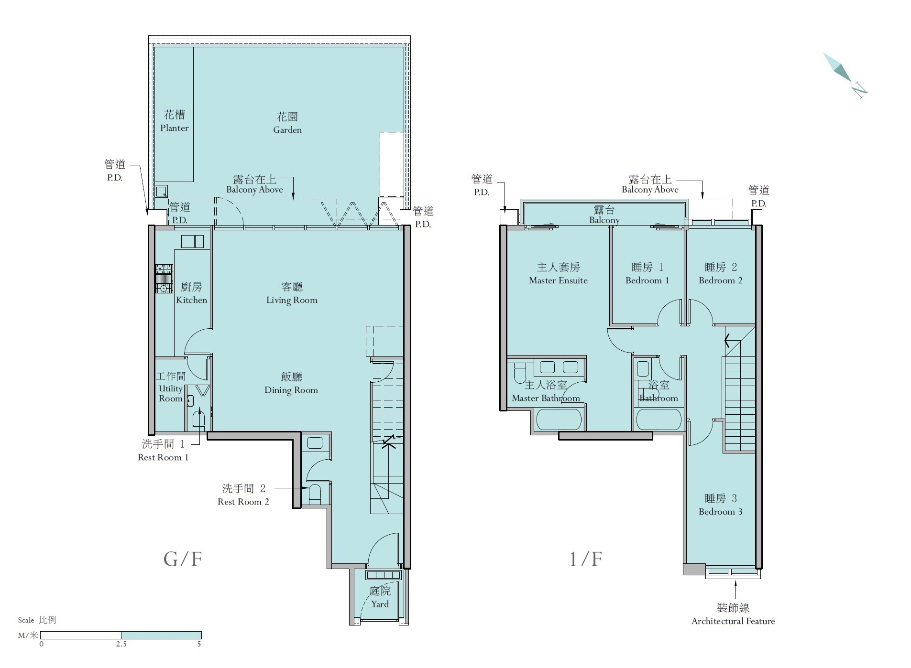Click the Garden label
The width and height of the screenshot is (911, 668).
(287, 123)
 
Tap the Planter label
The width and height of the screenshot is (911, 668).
(175, 121)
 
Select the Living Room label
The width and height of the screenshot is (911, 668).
(292, 293)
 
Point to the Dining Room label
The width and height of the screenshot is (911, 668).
(291, 383)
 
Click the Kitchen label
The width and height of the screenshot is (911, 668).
(191, 293)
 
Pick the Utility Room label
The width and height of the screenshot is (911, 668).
(171, 387)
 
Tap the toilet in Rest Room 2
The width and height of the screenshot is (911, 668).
(315, 494)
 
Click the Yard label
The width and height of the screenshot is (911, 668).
(380, 597)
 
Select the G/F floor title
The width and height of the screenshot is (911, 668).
(183, 559)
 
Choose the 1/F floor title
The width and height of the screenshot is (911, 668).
(586, 559)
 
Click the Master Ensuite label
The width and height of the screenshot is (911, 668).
(558, 274)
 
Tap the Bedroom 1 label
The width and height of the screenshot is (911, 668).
(647, 274)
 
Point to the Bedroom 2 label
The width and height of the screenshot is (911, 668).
(721, 274)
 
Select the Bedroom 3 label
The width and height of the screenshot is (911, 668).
(721, 505)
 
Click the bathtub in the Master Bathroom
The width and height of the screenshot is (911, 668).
(559, 420)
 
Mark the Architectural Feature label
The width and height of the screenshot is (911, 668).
(733, 614)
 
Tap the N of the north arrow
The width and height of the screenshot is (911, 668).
(859, 89)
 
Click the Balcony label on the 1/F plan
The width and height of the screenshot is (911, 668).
(604, 215)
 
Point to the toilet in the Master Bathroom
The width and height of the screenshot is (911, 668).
(519, 374)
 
